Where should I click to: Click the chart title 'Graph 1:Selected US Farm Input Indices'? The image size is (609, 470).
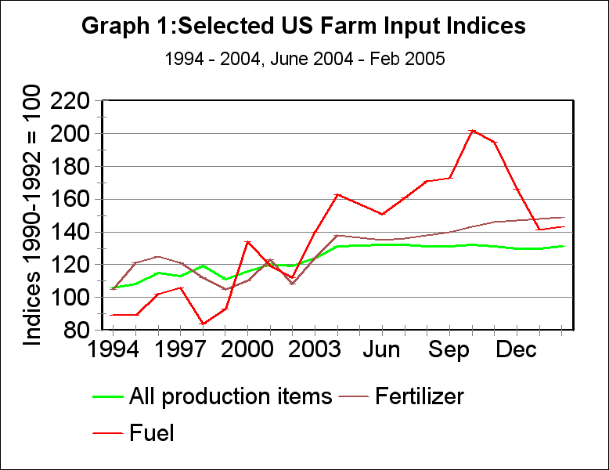tap(304, 27)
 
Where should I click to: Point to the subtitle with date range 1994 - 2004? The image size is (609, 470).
tap(304, 60)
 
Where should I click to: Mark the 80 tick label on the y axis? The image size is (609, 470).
tap(77, 331)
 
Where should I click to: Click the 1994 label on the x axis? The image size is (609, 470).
tap(114, 349)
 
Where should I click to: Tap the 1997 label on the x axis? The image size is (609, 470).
tap(181, 349)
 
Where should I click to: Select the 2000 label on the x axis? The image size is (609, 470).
tap(248, 349)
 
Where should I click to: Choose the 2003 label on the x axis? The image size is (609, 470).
tap(315, 349)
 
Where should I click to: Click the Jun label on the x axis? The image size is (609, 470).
tap(382, 349)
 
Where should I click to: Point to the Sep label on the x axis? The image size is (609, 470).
tap(449, 349)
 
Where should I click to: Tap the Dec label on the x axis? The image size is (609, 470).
tap(517, 349)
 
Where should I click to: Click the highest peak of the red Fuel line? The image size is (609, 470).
tap(472, 131)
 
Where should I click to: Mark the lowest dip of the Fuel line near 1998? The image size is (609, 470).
tap(204, 324)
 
